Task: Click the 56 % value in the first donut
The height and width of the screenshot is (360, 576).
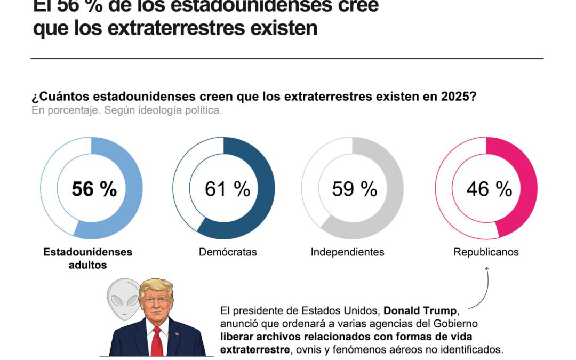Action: point(94,189)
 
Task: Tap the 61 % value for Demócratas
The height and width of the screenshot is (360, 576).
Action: point(227,189)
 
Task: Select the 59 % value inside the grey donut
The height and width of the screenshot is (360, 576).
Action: point(354,189)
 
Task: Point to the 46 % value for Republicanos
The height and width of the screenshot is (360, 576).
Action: point(489,189)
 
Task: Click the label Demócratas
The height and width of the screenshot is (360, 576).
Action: point(228,252)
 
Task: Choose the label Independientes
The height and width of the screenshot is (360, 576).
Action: point(347,252)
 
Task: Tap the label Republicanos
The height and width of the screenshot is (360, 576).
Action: point(486,252)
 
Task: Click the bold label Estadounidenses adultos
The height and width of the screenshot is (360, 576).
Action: point(87,258)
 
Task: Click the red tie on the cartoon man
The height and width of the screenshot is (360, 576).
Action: point(156,341)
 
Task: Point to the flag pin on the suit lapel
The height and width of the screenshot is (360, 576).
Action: point(177,334)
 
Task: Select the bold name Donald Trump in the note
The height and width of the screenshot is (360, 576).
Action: point(420,311)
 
